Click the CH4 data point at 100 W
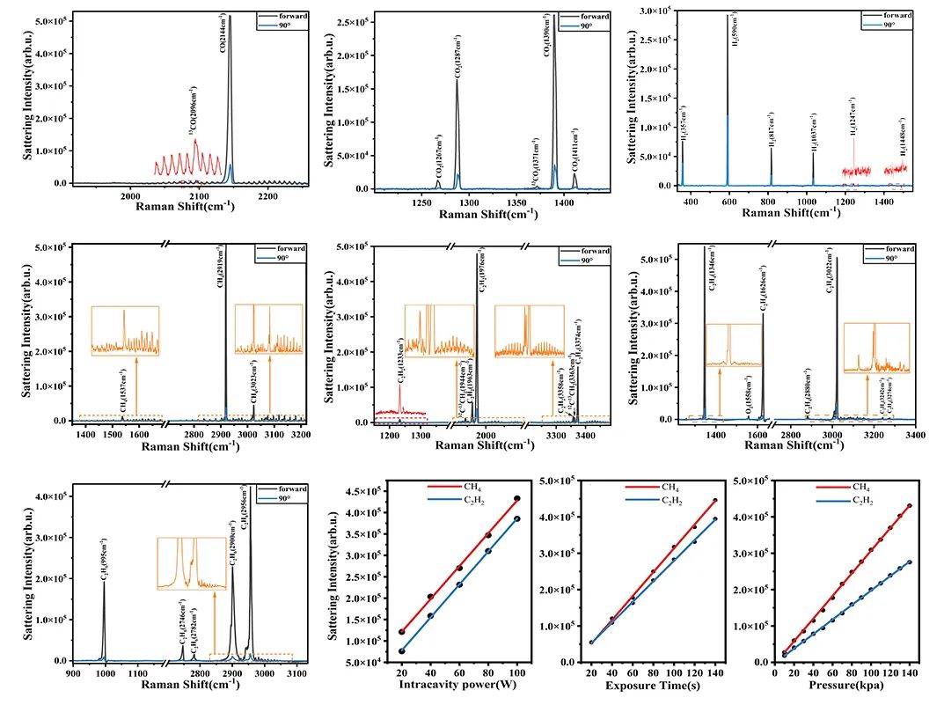pos(517,499)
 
